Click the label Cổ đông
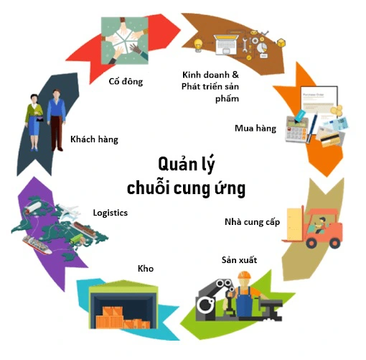(126, 81)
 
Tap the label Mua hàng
(255, 128)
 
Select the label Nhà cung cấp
(252, 222)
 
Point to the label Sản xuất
(239, 260)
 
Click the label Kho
(146, 269)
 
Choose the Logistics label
(111, 213)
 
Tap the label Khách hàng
(94, 139)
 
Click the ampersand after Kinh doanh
(235, 75)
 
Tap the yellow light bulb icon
(198, 45)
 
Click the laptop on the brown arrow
(226, 45)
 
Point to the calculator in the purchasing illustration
(296, 129)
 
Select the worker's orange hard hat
(245, 274)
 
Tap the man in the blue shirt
(57, 120)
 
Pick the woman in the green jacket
(34, 122)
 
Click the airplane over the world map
(69, 211)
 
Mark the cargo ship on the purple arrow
(37, 244)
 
